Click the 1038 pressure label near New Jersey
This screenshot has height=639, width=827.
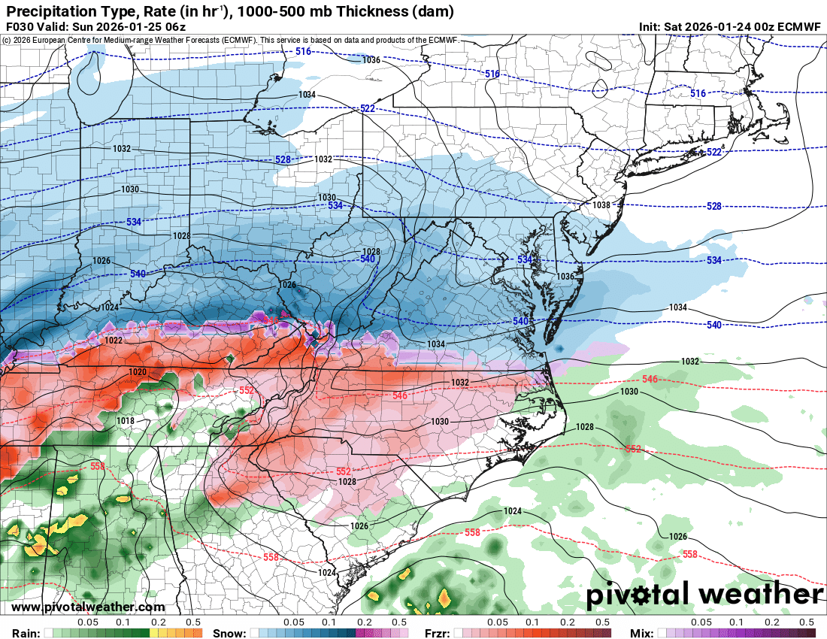[601, 205]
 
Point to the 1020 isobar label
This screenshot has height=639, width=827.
[138, 372]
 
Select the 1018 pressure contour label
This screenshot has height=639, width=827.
[126, 421]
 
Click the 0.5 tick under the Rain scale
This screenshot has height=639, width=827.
[193, 622]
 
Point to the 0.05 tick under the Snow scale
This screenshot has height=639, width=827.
[294, 622]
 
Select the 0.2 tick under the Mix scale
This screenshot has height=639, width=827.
[771, 622]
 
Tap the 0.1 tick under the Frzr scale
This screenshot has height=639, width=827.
[532, 622]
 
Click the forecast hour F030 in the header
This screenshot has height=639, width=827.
[18, 27]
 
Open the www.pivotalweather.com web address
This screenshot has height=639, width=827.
[88, 607]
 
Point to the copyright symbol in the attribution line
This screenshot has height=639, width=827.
[6, 41]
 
